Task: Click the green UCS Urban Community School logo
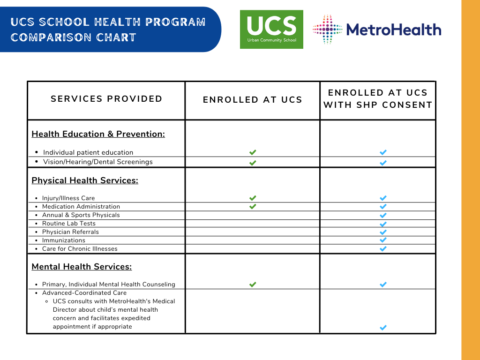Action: tap(271, 30)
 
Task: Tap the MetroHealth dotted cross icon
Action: tap(328, 30)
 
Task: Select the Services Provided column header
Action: tap(106, 99)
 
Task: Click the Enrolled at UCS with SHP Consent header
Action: tap(378, 99)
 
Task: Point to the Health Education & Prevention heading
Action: tap(98, 134)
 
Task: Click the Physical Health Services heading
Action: tap(85, 180)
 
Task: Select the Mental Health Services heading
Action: tap(82, 267)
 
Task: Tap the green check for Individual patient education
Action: tap(253, 152)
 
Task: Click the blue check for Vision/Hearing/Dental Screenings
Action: tap(383, 163)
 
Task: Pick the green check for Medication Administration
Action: tap(253, 206)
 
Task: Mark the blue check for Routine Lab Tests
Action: tap(383, 224)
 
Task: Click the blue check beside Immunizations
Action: tap(383, 240)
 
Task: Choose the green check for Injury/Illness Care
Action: tap(253, 198)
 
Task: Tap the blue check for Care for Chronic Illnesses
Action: tap(383, 248)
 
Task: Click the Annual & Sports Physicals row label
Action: tap(81, 215)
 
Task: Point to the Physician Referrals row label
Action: tap(70, 232)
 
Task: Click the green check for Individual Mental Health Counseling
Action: tap(253, 285)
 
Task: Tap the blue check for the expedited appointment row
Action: tap(383, 328)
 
